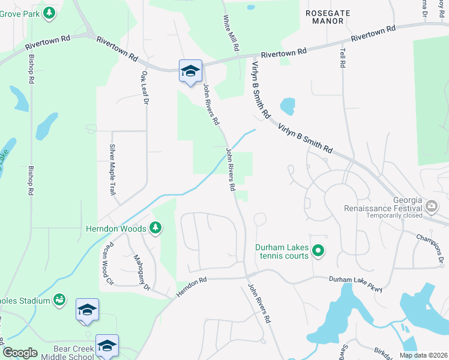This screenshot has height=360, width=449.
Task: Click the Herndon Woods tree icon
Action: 155,227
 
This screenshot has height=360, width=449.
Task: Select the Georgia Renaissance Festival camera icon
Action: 431,208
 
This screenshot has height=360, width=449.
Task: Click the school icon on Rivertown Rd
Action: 190,71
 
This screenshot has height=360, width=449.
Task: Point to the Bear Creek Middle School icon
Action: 107,345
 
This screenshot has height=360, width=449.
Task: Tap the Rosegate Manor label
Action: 325,16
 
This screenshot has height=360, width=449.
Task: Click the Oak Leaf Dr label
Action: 144,88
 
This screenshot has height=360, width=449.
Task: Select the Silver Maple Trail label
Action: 112,170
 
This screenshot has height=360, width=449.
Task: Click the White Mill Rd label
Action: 231,33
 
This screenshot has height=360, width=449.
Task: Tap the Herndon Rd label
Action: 191,287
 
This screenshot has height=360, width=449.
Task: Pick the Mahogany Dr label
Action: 142,272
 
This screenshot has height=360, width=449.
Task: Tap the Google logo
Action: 20,353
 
